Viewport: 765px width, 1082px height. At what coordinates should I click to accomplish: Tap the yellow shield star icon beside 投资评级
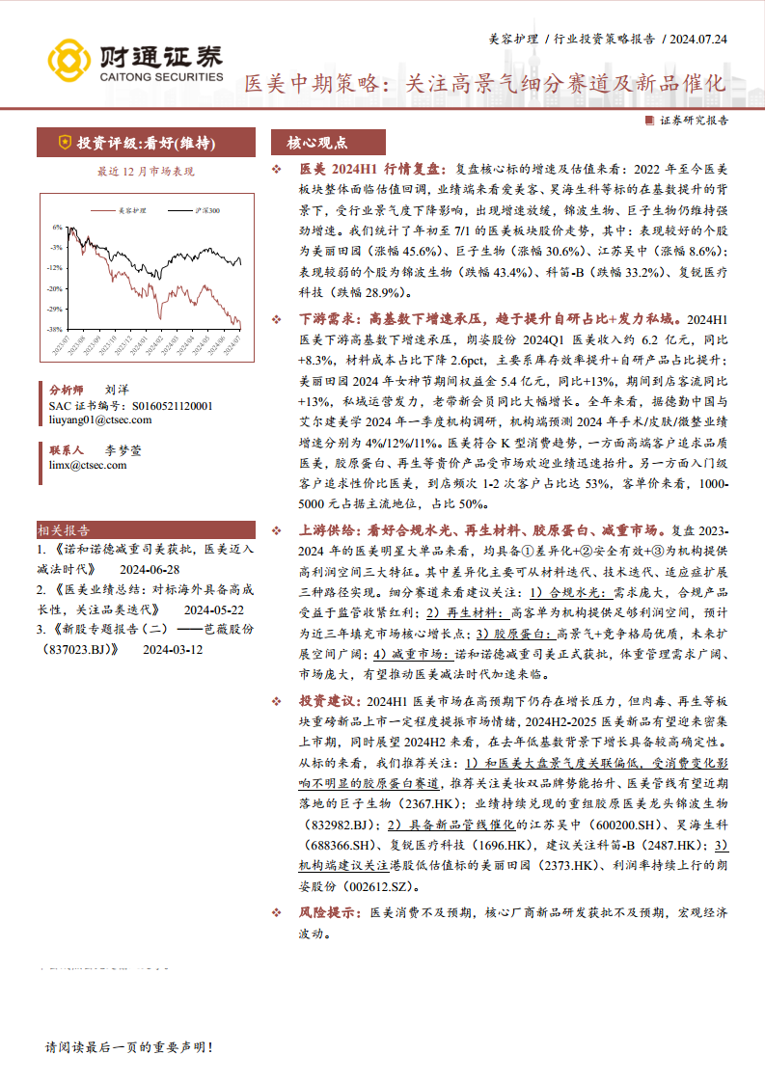[x=65, y=143]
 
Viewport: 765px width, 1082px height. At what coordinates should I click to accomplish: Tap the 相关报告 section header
[x=65, y=529]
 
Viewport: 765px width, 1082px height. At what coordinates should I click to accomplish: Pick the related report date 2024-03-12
[x=174, y=650]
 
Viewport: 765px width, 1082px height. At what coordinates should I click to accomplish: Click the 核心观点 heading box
[x=317, y=143]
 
